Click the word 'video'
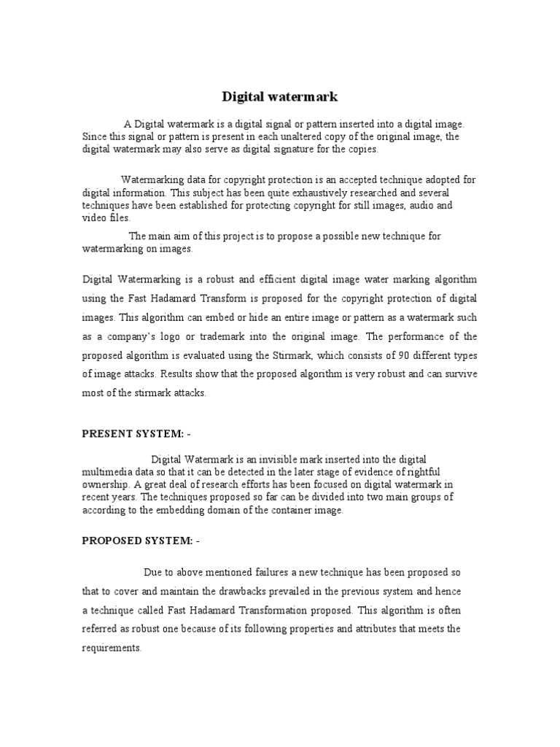(93, 217)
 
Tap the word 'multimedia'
(109, 471)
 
